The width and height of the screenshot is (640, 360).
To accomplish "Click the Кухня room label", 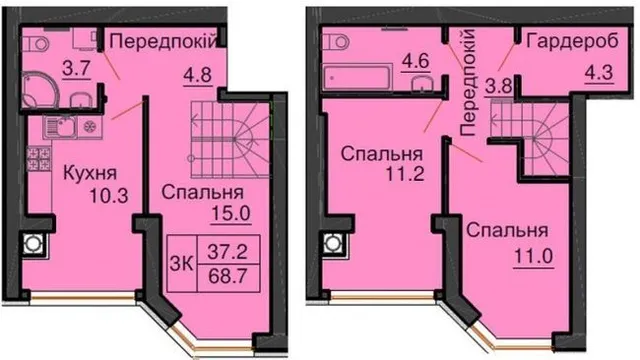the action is click(x=90, y=173).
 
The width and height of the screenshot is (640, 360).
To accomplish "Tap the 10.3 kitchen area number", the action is click(x=109, y=196).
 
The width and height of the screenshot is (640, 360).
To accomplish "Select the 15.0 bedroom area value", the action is click(x=231, y=213).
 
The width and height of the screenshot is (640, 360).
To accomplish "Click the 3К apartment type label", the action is click(x=182, y=263).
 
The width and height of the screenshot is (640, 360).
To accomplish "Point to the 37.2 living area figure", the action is click(x=227, y=251).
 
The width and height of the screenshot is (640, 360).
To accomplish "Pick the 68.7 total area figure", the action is click(x=228, y=277).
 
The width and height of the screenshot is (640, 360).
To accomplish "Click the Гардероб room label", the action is click(x=573, y=42).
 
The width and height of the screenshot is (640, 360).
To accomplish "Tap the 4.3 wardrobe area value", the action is click(x=599, y=73).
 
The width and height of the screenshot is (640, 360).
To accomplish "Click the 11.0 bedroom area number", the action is click(x=533, y=257).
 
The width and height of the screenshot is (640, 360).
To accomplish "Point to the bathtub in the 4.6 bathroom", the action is click(x=357, y=76).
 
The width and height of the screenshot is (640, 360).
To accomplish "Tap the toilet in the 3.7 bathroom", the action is click(x=35, y=43).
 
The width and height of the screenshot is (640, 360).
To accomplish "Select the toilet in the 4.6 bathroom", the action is click(x=336, y=41).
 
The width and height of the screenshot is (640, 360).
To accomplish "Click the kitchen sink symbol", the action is click(x=60, y=127).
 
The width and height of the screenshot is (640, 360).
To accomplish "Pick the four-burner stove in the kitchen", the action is click(x=39, y=159).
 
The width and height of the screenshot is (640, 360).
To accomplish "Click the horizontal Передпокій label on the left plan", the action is click(x=162, y=42).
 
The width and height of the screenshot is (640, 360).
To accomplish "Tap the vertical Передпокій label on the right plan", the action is click(x=468, y=83).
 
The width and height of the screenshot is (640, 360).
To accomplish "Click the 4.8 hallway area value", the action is click(x=198, y=76).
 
